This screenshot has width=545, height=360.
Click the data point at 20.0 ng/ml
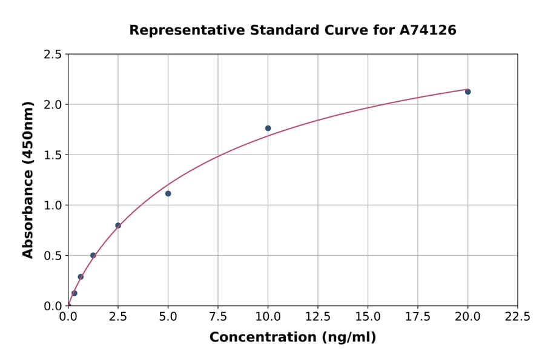[467, 92]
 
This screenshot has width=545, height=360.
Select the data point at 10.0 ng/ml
[268, 128]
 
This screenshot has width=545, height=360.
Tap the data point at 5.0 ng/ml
[168, 193]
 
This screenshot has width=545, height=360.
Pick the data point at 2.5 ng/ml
[118, 225]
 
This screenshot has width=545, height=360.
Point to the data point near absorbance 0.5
[93, 255]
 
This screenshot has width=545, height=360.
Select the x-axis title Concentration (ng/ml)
[292, 338]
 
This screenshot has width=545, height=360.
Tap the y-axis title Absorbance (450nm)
[28, 180]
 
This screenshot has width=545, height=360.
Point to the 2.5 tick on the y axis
[53, 55]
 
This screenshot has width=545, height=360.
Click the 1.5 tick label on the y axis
[53, 155]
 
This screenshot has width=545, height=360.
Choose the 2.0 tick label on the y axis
[53, 105]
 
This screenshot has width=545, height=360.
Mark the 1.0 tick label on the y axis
[53, 205]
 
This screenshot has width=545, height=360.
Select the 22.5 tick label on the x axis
[518, 317]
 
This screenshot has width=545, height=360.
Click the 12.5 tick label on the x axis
[318, 317]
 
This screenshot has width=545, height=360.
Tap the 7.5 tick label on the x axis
[218, 317]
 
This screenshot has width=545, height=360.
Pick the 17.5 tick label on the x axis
[418, 317]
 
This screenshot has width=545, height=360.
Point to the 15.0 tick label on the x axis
[368, 317]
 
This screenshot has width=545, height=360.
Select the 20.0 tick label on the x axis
[467, 317]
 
